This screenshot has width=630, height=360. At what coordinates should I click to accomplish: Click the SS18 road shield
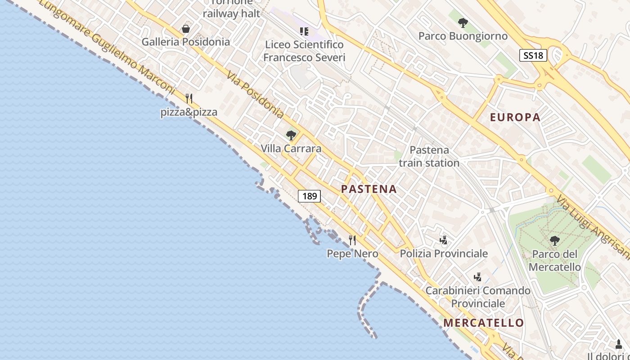(x=533, y=55)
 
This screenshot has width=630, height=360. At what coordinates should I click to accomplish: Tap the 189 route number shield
(x=310, y=196)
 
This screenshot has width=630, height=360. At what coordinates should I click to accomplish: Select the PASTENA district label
(x=369, y=189)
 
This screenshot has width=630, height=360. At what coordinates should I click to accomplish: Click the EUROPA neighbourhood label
(x=515, y=117)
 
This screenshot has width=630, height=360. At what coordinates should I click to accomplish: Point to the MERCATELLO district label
(x=483, y=323)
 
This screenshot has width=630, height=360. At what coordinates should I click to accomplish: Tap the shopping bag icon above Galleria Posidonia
(x=185, y=29)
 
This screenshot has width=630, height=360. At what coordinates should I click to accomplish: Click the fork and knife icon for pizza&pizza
(x=189, y=99)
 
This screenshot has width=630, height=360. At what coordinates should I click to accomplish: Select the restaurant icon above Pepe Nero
(x=352, y=240)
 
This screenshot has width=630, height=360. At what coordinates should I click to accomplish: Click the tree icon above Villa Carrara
(x=291, y=135)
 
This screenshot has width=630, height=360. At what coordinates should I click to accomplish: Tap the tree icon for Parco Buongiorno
(x=463, y=23)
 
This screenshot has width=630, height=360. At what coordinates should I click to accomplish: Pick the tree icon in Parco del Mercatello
(x=554, y=241)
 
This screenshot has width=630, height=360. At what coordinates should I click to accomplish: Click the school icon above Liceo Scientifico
(x=304, y=31)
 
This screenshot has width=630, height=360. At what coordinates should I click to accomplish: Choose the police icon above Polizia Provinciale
(x=444, y=240)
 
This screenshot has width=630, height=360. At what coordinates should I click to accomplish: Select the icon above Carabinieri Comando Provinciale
(x=478, y=277)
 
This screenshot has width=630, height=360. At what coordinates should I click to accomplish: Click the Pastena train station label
(x=429, y=156)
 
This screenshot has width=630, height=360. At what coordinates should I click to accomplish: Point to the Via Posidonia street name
(x=255, y=95)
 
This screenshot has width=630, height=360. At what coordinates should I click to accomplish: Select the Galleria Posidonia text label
(x=186, y=42)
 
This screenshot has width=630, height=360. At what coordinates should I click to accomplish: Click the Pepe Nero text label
(x=352, y=254)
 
